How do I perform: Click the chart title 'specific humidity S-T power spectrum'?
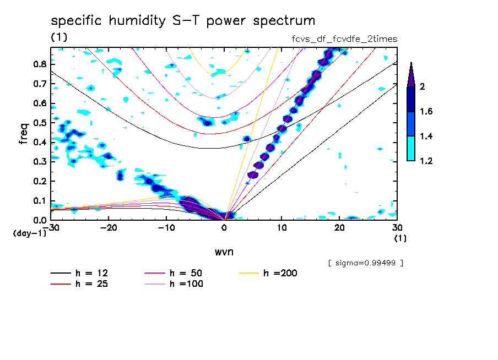point(183,21)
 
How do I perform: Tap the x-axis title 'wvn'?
point(224,252)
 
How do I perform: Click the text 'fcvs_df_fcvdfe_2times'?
point(344,39)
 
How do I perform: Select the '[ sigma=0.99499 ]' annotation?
point(365,263)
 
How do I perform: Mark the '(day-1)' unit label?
point(29,233)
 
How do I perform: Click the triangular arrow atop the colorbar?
point(411,74)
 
